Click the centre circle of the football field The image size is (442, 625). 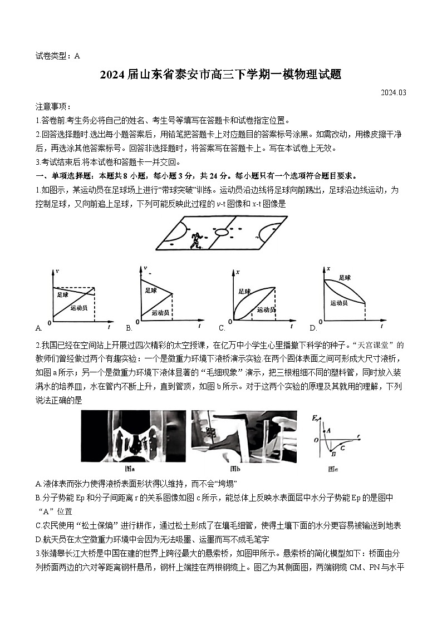pos(220,232)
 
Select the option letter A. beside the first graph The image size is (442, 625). pos(38,328)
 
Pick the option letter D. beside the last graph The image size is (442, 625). pos(313,328)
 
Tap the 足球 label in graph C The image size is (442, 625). pos(244,291)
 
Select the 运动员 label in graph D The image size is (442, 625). pos(338,303)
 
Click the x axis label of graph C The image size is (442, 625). pos(238,272)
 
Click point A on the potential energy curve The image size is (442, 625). pos(328,430)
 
